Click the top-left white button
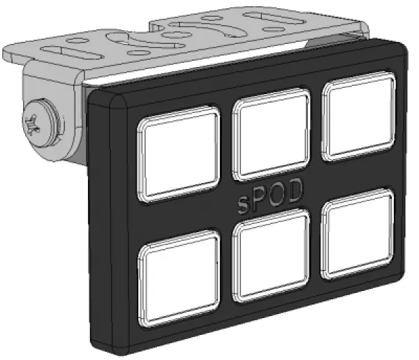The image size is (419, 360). tap(178, 153)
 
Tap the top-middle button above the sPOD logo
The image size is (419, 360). tap(272, 134)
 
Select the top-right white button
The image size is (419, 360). tap(359, 117)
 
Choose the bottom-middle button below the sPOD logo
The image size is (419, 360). tap(272, 255)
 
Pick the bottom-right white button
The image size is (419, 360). tap(358, 234)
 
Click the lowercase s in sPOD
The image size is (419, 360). tap(243, 205)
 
